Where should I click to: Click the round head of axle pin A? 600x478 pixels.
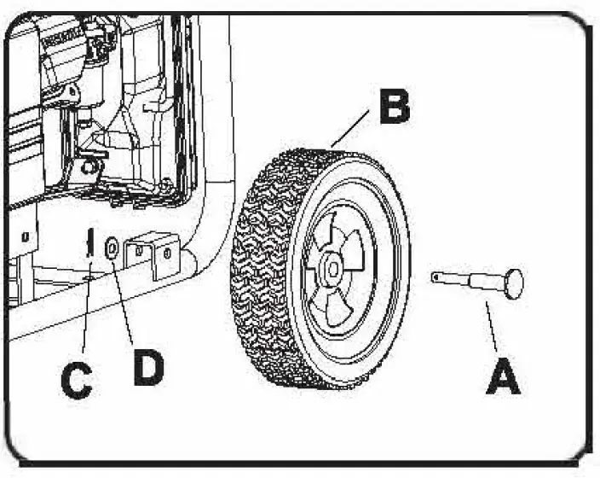512,283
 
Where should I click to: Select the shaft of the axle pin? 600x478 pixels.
469,280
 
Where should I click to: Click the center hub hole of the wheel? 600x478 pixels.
332,268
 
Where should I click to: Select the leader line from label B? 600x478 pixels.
349,132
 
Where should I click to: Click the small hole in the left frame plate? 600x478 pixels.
27,233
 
